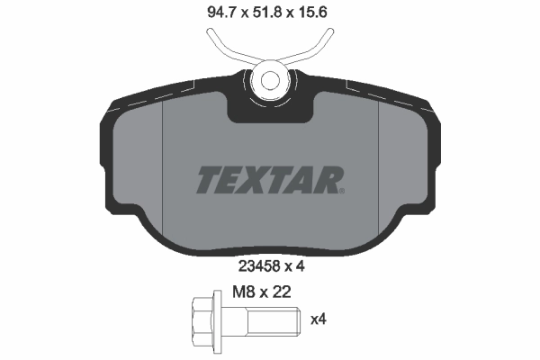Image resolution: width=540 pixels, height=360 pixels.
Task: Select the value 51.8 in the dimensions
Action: point(269,13)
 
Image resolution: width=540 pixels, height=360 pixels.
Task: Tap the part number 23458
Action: point(256,265)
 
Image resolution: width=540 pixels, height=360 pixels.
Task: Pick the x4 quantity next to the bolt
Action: point(317,318)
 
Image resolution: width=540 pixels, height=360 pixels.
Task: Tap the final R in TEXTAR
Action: point(328,178)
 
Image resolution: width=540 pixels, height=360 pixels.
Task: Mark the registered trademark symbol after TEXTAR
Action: point(343,190)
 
